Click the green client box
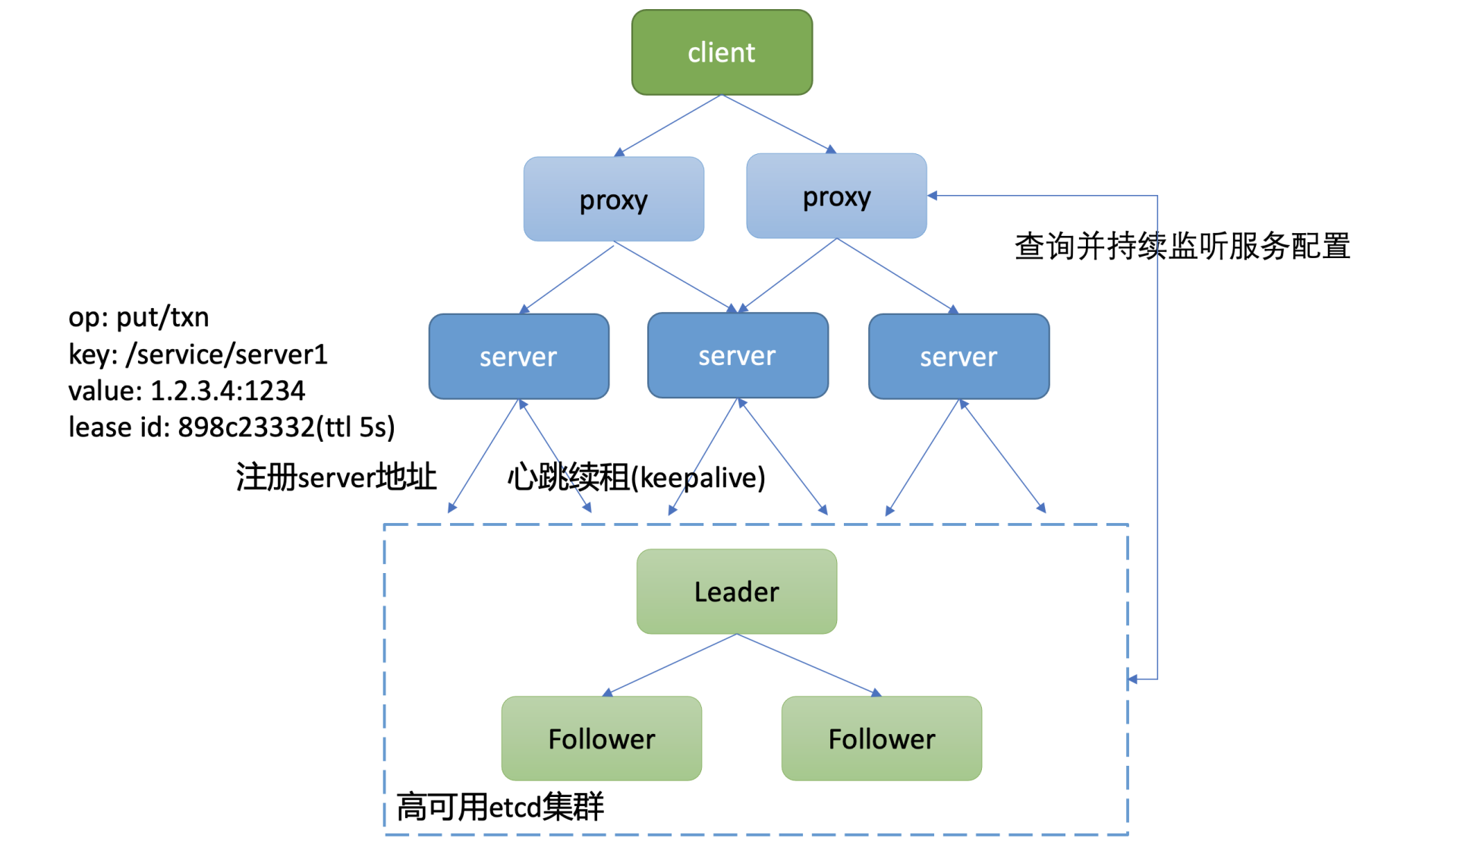point(722,52)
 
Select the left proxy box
point(613,200)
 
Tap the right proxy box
point(836,197)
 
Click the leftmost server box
point(518,357)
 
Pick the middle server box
point(738,355)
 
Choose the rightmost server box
point(958,357)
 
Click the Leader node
point(737,591)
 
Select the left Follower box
point(601,739)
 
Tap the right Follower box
point(881,739)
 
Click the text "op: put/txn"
point(139,317)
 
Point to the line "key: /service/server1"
point(198,354)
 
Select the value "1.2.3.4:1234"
point(228,391)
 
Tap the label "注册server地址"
point(336,477)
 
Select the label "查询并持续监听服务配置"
point(1182,247)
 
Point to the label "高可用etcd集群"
point(500,806)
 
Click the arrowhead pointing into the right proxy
point(933,196)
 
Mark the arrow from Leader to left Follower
point(671,664)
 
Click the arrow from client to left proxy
point(668,125)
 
